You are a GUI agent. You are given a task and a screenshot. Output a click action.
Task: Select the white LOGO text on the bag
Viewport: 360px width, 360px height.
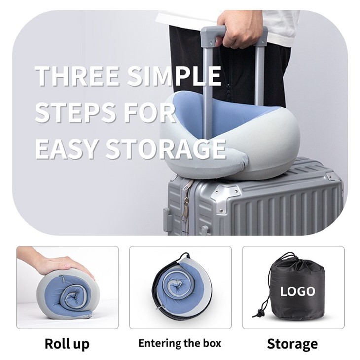[297, 291]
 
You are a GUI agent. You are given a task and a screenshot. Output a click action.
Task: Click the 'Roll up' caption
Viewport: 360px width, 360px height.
[67, 344]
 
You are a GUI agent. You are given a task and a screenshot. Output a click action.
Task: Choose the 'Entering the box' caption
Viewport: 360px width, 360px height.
[180, 343]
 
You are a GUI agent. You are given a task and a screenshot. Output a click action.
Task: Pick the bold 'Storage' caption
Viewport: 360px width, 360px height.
[292, 344]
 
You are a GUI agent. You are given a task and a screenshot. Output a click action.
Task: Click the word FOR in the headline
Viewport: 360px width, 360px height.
[155, 112]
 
